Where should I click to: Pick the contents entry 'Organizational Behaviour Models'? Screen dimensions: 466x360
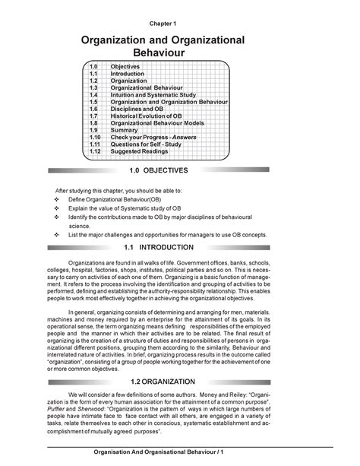click(158, 122)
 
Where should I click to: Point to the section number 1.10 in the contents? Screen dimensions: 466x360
click(95, 136)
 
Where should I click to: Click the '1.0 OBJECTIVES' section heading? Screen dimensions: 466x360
click(179, 171)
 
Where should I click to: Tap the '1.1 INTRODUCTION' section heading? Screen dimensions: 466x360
click(179, 248)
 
